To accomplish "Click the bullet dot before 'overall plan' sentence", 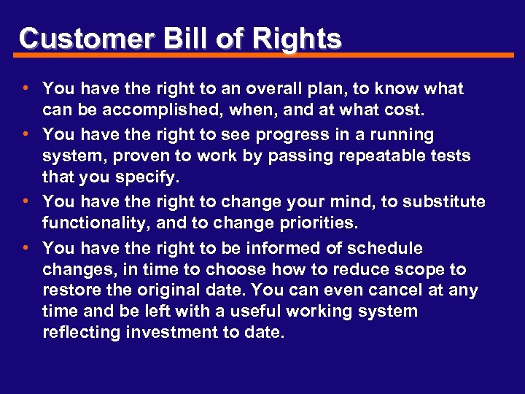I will (x=26, y=88).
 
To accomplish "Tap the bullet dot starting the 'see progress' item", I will (x=26, y=134).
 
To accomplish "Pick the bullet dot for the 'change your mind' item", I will (x=26, y=201).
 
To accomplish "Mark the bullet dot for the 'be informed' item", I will (x=26, y=247).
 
